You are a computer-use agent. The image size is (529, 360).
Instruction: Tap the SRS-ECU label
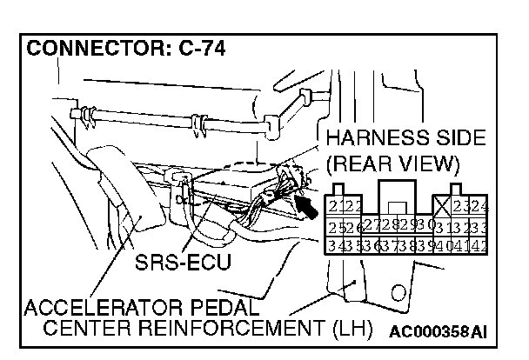point(183,260)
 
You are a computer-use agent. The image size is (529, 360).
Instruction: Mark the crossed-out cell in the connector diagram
point(443,206)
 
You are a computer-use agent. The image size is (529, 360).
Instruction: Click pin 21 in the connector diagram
point(337,206)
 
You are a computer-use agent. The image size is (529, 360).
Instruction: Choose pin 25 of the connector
point(337,227)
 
